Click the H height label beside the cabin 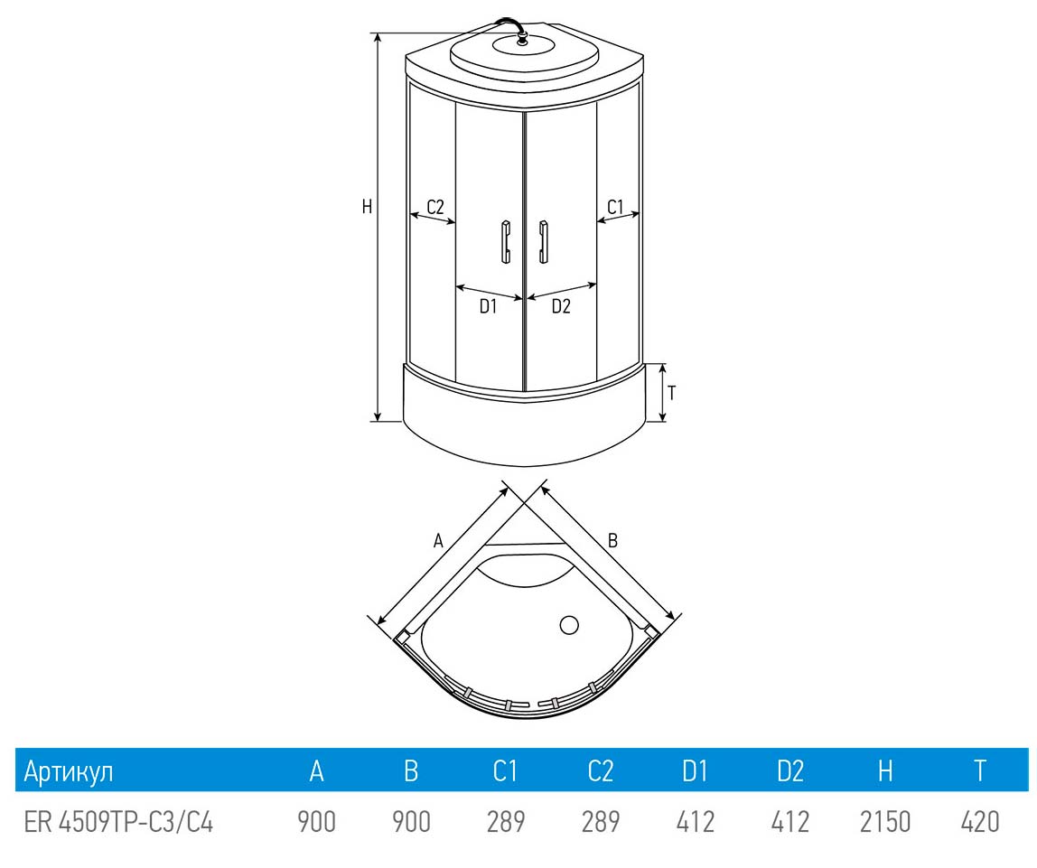[x=367, y=207]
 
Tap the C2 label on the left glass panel [x=435, y=207]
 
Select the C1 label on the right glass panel [x=615, y=207]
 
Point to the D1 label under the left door [x=488, y=306]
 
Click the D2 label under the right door [x=561, y=306]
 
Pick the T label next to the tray [x=672, y=393]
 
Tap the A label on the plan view [x=438, y=541]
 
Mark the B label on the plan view [x=612, y=541]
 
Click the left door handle [x=506, y=242]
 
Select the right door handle [x=543, y=242]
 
